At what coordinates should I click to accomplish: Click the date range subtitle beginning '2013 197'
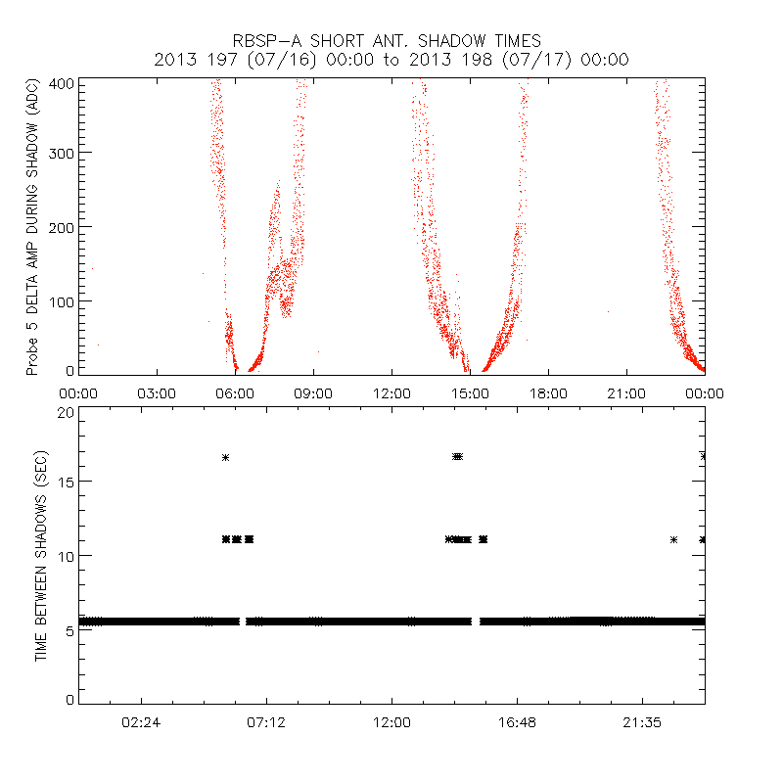point(391,60)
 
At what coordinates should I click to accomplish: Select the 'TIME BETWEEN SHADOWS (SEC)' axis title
point(41,559)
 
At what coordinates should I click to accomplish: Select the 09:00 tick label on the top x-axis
point(313,393)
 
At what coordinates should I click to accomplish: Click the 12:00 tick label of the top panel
point(391,393)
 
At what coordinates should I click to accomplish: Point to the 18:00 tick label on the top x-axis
point(548,393)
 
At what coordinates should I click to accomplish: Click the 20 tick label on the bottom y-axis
point(66,412)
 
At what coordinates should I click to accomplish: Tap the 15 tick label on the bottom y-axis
point(66,483)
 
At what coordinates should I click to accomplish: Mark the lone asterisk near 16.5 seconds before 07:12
point(225,457)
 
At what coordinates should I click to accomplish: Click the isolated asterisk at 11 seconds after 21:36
point(673,539)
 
